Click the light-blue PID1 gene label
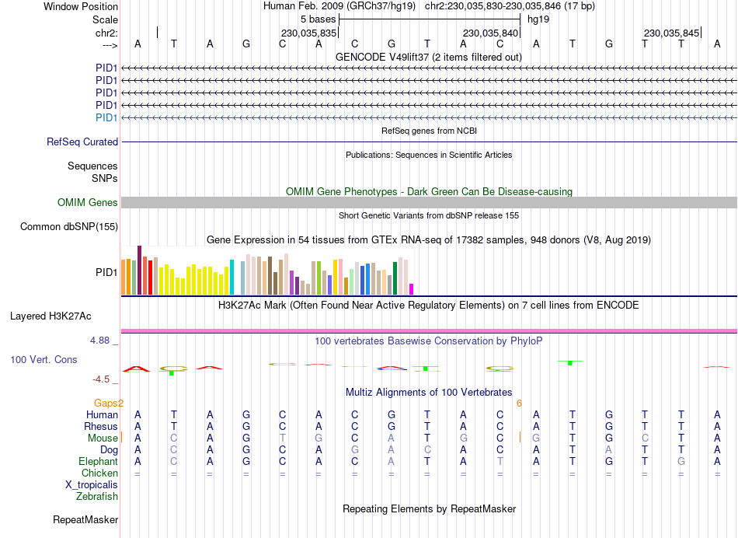106,117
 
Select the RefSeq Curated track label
82,142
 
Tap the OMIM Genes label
88,203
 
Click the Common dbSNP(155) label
69,227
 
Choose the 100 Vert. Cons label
44,360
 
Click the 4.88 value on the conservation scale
103,341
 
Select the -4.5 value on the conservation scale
101,379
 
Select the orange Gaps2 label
109,403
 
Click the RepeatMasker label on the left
85,519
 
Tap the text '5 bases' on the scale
319,19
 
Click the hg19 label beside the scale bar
538,19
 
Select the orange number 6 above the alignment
519,403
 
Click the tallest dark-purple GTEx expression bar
139,270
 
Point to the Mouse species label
103,438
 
